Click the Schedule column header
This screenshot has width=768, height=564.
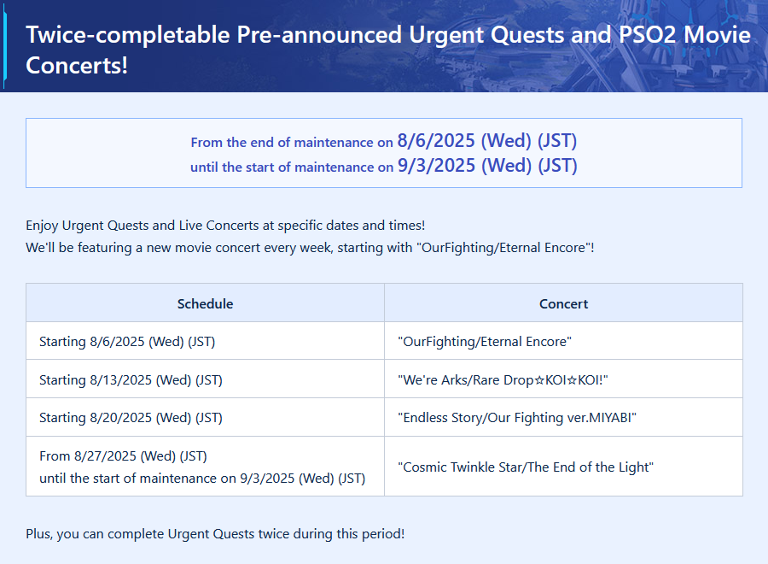coord(205,303)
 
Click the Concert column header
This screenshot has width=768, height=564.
coord(564,303)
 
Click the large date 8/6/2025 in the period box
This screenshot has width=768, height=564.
coord(436,141)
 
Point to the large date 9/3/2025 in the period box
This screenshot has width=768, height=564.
coord(436,166)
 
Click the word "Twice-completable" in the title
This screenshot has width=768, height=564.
coord(128,35)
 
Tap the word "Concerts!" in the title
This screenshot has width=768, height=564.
coord(77,65)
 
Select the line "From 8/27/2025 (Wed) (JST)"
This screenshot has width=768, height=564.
coord(123,456)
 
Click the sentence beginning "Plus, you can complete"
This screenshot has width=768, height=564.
coord(215,533)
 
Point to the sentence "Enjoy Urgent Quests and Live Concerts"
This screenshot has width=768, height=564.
coord(225,226)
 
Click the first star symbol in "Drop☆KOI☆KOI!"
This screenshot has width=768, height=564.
coord(539,380)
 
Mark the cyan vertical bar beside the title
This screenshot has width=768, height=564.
coord(4,46)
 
